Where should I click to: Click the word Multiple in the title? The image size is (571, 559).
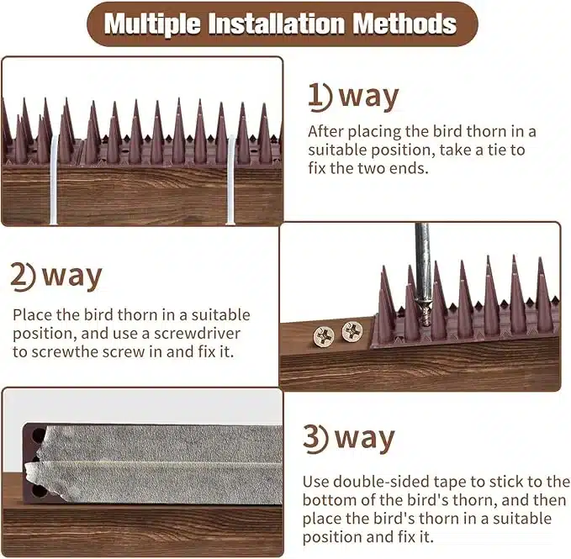(152, 24)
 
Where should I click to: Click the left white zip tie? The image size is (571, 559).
(54, 179)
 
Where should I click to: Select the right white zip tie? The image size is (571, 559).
(231, 179)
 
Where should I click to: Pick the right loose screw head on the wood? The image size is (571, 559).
(352, 331)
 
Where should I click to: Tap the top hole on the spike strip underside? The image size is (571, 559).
(38, 434)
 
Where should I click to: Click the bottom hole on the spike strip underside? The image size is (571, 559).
(38, 491)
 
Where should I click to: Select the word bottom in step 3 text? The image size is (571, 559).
(329, 500)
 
